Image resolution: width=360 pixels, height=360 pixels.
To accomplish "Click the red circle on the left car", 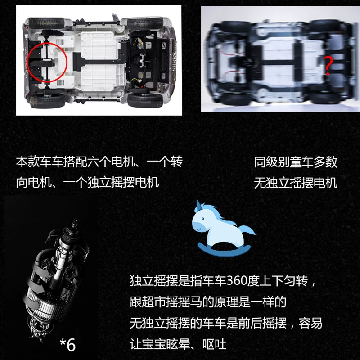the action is click(27, 63).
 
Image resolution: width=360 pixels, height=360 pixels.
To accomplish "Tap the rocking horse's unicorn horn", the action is click(198, 204).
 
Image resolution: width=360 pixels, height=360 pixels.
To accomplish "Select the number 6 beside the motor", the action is click(71, 345).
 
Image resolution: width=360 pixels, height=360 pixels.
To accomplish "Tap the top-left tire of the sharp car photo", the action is click(46, 23).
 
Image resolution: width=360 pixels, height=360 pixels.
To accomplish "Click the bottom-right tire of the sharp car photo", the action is click(145, 100).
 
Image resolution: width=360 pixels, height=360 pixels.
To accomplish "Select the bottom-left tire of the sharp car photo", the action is click(48, 101).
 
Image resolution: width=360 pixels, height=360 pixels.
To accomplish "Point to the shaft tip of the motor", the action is click(75, 222).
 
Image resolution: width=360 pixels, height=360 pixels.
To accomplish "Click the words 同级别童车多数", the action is click(296, 162).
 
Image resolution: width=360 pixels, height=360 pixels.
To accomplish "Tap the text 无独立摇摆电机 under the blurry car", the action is click(296, 183).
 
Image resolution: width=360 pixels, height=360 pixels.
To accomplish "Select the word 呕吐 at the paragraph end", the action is click(214, 344).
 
